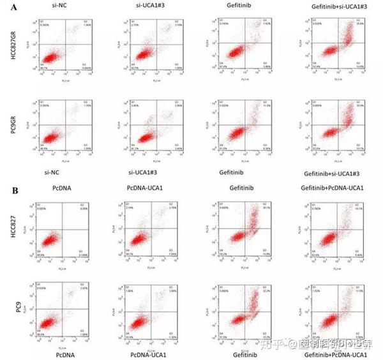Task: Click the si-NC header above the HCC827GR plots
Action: tap(57, 6)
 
